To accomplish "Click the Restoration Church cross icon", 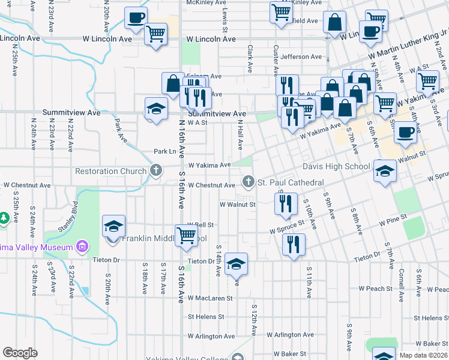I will click(x=156, y=171).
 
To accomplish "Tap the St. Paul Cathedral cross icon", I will click(x=248, y=182).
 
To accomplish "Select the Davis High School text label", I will click(x=336, y=166).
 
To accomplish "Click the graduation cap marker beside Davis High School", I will click(x=384, y=170).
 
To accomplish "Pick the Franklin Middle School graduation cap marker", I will click(x=113, y=226).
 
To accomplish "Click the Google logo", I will click(x=20, y=353).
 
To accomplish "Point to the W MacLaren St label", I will click(x=209, y=298).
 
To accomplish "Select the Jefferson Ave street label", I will click(x=301, y=57).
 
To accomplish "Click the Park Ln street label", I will click(x=165, y=152).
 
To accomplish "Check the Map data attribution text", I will click(x=423, y=355).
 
